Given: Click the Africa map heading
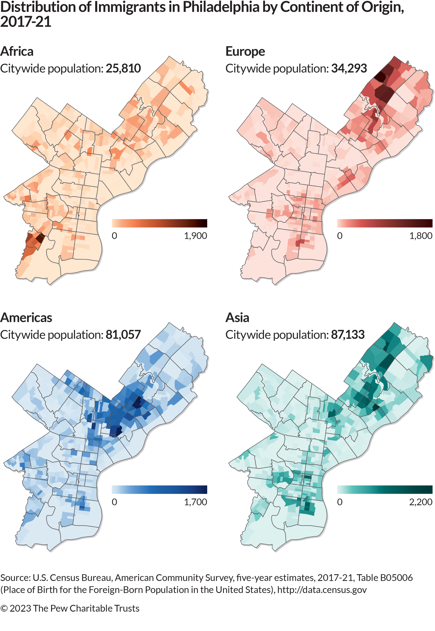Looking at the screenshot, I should [17, 51].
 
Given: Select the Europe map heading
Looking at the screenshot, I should [245, 51].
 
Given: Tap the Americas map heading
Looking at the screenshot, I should [26, 318].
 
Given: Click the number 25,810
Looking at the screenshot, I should [123, 68].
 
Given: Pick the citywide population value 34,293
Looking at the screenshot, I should [349, 68].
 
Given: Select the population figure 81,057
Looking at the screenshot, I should [123, 335].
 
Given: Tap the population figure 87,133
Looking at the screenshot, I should [348, 335].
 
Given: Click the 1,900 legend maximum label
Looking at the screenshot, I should [196, 236].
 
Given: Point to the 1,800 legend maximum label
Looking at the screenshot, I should [421, 236].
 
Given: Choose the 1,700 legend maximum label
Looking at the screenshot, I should [196, 502].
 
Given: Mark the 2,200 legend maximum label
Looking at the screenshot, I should [421, 502].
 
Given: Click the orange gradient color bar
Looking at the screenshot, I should [159, 223].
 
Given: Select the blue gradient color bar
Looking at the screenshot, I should [159, 489].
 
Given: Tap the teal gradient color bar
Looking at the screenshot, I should [384, 489].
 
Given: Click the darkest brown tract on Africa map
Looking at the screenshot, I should [40, 238].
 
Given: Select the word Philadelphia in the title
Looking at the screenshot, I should [221, 7].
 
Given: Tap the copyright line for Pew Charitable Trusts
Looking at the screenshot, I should [70, 608].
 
